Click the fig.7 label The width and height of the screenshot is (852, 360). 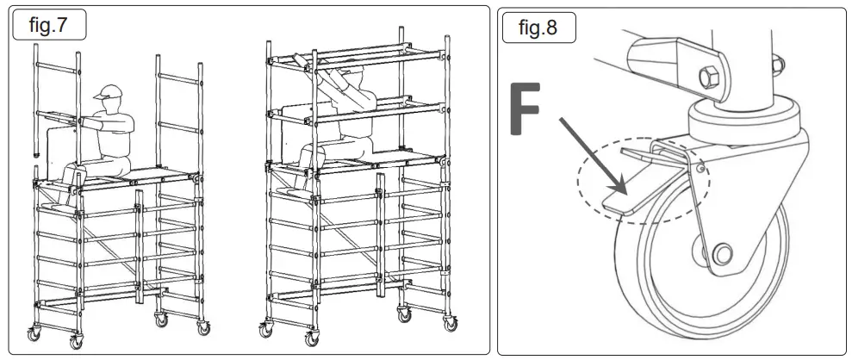[x=48, y=26]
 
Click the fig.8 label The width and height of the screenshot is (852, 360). [x=538, y=28]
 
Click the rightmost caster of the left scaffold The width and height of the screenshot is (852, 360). [x=203, y=326]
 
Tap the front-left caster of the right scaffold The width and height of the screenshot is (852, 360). [x=264, y=329]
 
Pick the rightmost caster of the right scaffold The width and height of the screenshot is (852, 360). [x=449, y=324]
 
